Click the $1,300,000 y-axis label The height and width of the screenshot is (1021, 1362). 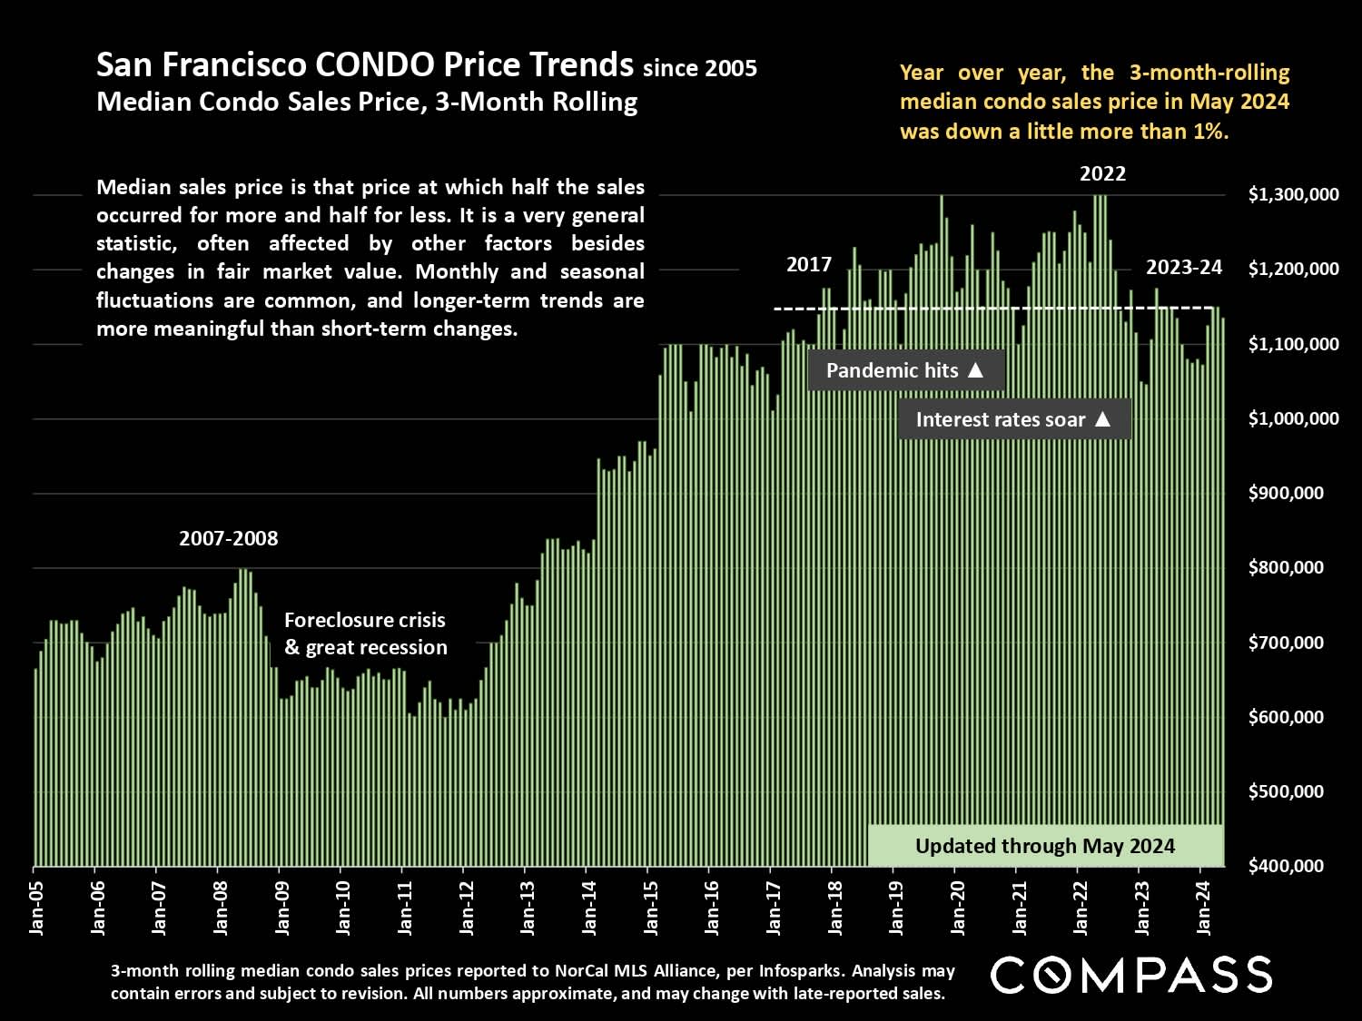(x=1293, y=195)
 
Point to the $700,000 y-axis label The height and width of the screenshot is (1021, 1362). (x=1293, y=643)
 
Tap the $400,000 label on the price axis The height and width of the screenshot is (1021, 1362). (x=1293, y=866)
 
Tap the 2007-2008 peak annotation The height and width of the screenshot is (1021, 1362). (x=229, y=538)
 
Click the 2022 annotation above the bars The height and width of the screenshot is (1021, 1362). (x=1102, y=173)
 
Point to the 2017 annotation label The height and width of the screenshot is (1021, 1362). (x=808, y=264)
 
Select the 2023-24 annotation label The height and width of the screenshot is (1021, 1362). (x=1184, y=267)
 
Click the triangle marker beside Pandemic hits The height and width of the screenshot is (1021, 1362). (x=976, y=370)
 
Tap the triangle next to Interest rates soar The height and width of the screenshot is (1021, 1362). (x=1103, y=419)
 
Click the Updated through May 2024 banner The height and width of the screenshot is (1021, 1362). (x=1045, y=846)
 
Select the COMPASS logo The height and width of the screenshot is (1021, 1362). (x=1131, y=975)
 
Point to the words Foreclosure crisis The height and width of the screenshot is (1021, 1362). (x=365, y=620)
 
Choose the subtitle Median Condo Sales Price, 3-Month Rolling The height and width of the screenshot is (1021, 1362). (x=367, y=102)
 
